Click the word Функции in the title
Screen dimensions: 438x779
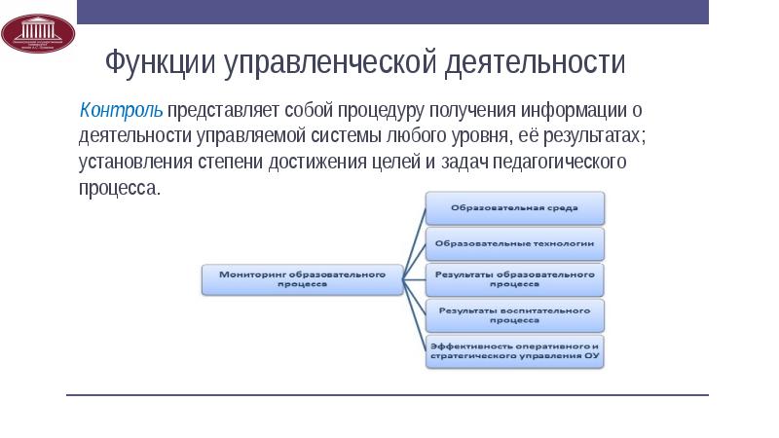162,64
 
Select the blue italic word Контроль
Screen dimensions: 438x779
121,110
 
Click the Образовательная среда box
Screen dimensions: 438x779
515,207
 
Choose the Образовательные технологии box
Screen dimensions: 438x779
515,243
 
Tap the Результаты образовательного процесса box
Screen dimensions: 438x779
515,279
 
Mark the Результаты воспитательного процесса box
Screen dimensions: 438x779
515,314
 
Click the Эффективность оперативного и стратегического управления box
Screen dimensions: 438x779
515,350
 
